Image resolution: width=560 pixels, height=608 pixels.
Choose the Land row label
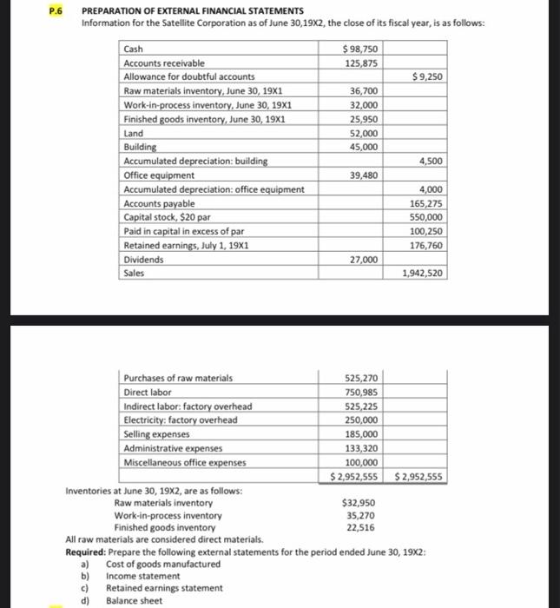tap(134, 133)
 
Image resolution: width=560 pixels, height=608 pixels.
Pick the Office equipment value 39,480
tap(364, 175)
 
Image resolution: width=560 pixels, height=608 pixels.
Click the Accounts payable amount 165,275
tap(426, 203)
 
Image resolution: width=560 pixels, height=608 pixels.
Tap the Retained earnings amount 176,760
tap(426, 245)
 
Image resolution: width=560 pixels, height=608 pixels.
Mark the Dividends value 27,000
tap(364, 259)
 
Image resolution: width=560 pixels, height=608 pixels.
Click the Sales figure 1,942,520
tap(423, 274)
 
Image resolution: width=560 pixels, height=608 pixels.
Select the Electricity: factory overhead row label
tap(181, 420)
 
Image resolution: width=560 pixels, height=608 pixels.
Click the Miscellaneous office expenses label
tap(185, 462)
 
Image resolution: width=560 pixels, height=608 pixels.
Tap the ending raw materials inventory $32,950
tap(359, 503)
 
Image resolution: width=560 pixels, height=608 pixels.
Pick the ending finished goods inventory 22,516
tap(361, 527)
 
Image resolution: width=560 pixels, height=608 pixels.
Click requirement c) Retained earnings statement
tap(163, 588)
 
